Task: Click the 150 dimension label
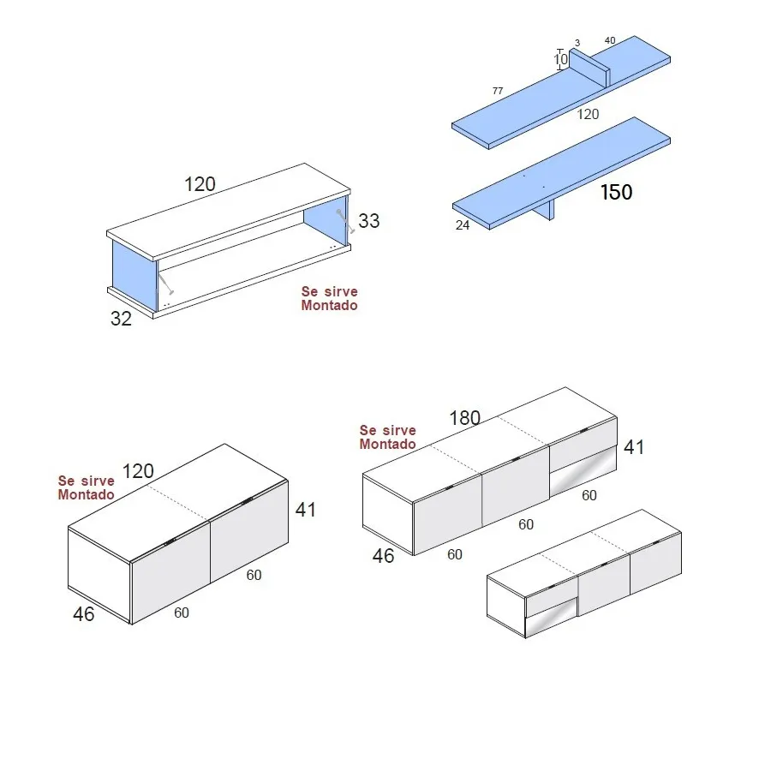[x=616, y=192]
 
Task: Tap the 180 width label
[x=465, y=418]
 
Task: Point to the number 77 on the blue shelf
[x=497, y=90]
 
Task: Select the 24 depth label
[x=463, y=226]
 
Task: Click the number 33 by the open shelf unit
[x=368, y=220]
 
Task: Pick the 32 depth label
[x=121, y=319]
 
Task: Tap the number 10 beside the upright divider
[x=560, y=60]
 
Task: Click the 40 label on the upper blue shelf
[x=610, y=40]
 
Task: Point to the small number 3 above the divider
[x=577, y=43]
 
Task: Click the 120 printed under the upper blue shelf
[x=588, y=114]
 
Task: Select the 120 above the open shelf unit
[x=200, y=183]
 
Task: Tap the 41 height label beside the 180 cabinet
[x=634, y=446]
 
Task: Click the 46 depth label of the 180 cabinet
[x=383, y=555]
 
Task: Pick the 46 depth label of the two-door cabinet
[x=83, y=613]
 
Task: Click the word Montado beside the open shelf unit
[x=329, y=305]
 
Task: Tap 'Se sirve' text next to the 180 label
[x=387, y=430]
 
